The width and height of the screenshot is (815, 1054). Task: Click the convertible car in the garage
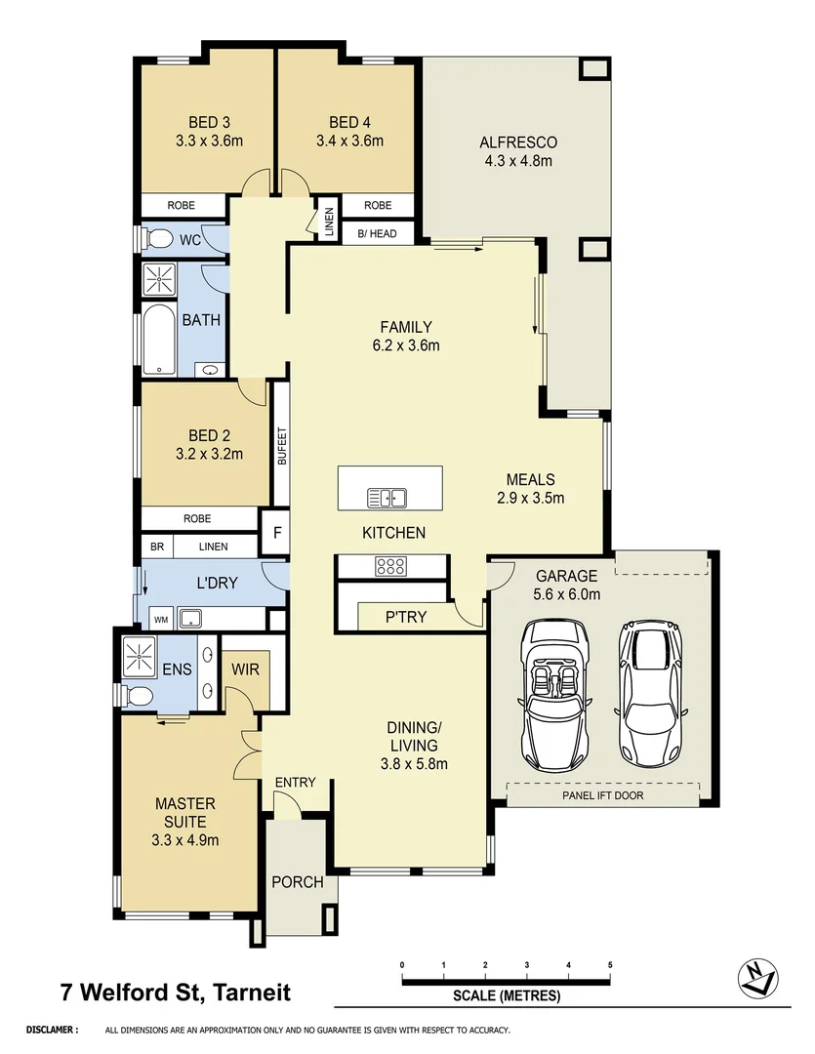555,693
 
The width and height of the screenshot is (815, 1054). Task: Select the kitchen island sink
387,498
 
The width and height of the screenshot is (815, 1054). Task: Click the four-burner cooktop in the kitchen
390,566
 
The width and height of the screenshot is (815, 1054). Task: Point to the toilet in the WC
156,239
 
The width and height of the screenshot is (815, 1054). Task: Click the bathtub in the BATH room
159,341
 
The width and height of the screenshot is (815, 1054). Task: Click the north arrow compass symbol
758,977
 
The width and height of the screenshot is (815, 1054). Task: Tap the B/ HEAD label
376,233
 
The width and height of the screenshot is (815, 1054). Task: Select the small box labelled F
276,534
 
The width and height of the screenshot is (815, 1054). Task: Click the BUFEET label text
281,447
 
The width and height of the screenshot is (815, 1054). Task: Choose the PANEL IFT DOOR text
603,795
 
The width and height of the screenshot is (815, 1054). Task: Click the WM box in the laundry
161,618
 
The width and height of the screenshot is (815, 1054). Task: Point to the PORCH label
297,882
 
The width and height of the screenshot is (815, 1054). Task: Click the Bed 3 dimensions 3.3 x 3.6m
209,141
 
